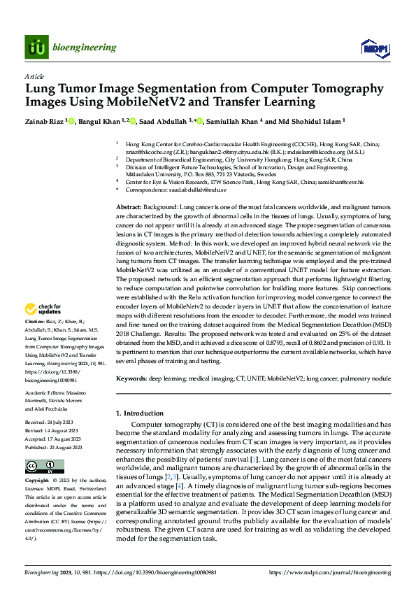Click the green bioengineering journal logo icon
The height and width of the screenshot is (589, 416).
coord(36,47)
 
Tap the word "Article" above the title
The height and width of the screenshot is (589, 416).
coord(34,76)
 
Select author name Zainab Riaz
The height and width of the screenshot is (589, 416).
coord(45,122)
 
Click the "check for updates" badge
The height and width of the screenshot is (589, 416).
coord(44,308)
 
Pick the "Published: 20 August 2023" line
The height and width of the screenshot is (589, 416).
coord(54,447)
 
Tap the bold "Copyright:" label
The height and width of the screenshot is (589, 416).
coord(38,482)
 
